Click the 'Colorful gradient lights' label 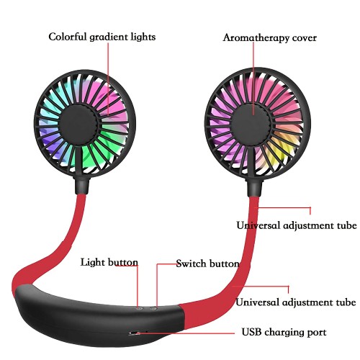point(102,37)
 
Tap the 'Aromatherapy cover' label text point(269,38)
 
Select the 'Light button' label point(109,262)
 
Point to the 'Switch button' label point(208,264)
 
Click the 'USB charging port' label point(284,333)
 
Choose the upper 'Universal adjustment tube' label point(297,225)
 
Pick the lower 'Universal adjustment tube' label point(296,302)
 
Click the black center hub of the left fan point(78,125)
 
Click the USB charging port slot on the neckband point(135,333)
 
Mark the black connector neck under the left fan point(81,185)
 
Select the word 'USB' point(252,332)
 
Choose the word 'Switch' point(192,264)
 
